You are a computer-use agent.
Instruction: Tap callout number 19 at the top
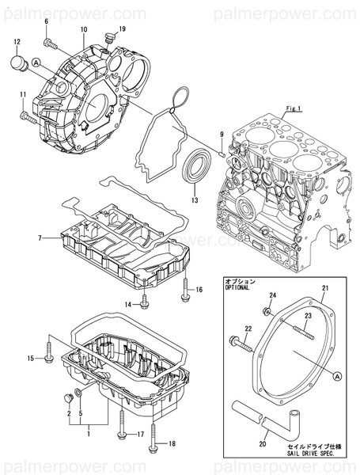[122, 29]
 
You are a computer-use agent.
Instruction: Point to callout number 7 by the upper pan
[38, 237]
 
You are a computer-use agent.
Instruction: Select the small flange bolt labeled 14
[146, 302]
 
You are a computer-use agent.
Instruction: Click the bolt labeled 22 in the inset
[237, 342]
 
